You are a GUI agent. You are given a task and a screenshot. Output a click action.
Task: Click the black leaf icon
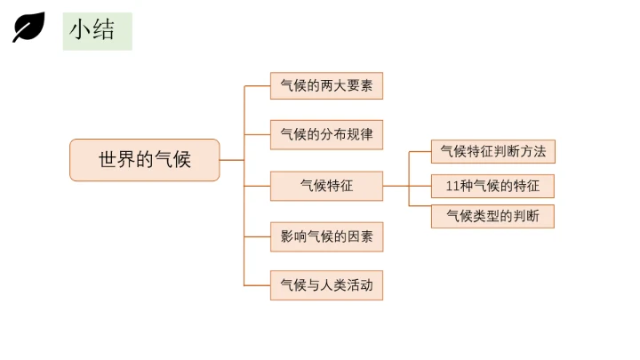coord(28,28)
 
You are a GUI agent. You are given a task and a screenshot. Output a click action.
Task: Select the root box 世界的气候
coord(144,160)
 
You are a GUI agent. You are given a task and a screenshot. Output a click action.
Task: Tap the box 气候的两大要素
coord(326,86)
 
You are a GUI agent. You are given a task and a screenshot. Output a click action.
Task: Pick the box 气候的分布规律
coord(326,135)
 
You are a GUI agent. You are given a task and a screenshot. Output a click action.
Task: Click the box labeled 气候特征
coord(326,186)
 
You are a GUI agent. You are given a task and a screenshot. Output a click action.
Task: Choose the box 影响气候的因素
coord(326,236)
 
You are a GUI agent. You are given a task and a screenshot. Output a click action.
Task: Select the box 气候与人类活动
coord(326,285)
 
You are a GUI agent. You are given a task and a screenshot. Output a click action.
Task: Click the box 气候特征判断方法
coord(492,152)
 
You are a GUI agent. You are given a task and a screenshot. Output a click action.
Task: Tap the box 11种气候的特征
coord(492,186)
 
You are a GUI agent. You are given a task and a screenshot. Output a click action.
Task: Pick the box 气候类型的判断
coord(492,216)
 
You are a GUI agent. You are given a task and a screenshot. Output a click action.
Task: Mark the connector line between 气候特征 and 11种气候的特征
coord(396,186)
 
